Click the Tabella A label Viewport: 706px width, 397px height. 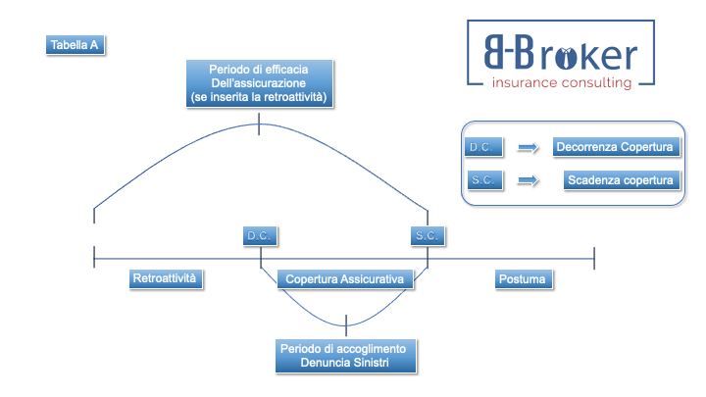[x=74, y=45]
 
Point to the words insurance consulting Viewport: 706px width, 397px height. [x=562, y=83]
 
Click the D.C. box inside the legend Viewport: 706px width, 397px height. [x=483, y=147]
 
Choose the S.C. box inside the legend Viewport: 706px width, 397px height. [x=483, y=180]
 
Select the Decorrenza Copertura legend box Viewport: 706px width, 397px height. [x=615, y=147]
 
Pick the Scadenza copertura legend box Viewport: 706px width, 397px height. [x=621, y=180]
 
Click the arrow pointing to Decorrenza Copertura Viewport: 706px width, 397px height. [x=529, y=147]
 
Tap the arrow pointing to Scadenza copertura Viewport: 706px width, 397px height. [x=529, y=180]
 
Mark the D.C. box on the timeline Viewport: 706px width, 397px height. [x=260, y=236]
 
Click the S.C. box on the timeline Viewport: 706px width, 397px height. [x=428, y=236]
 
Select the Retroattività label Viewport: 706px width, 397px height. [x=165, y=279]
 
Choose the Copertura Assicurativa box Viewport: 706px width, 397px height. [x=344, y=279]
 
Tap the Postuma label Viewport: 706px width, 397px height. [x=524, y=279]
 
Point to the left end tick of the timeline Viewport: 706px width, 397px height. [x=94, y=257]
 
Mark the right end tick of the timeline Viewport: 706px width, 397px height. [x=594, y=257]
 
